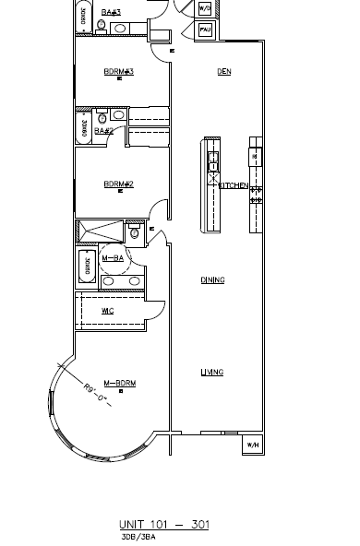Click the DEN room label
223,72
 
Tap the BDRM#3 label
119,72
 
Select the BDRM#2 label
119,184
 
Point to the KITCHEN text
233,185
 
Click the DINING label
212,279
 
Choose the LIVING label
212,373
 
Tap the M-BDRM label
119,382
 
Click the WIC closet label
107,311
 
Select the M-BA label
113,258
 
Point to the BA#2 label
103,130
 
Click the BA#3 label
111,12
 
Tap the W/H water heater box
251,445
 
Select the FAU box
206,30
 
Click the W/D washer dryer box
205,8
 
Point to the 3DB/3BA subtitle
138,536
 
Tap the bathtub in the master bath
87,268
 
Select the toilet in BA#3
119,29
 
